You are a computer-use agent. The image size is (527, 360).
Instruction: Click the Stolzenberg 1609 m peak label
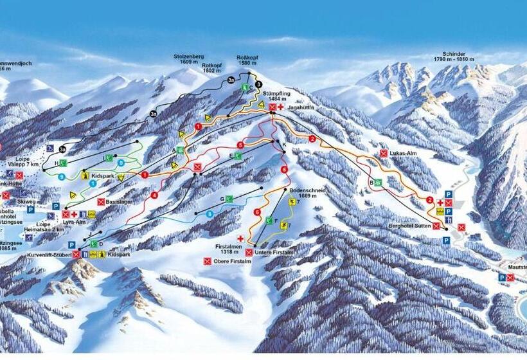tap(188, 59)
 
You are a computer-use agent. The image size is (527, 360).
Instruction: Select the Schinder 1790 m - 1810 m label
tap(458, 57)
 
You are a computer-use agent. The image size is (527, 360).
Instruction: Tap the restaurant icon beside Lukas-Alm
tap(384, 153)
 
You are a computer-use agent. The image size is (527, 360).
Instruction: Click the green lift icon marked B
tap(378, 183)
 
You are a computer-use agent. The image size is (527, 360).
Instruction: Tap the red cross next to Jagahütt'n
tap(281, 107)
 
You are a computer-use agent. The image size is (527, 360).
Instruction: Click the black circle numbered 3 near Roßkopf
tap(258, 84)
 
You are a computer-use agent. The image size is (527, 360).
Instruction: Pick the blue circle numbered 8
tap(210, 213)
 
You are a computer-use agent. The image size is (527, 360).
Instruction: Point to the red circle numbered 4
tap(154, 195)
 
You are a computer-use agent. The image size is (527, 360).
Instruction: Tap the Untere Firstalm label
tap(276, 253)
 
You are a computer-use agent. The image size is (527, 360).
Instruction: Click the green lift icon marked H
tap(64, 163)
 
